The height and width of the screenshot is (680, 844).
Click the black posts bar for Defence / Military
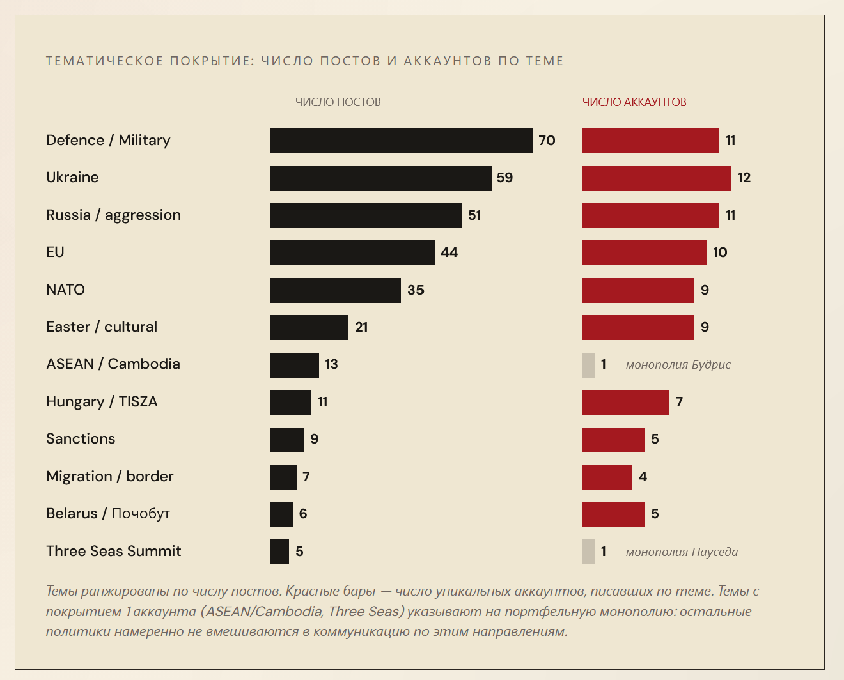401,141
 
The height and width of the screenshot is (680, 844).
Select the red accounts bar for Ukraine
657,178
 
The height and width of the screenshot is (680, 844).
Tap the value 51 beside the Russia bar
474,215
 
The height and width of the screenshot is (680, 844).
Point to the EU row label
55,252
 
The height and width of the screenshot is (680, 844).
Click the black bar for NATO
335,290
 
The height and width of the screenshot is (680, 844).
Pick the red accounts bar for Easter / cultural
638,327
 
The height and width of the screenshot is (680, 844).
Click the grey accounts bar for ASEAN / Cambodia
588,365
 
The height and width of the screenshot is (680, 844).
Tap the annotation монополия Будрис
678,365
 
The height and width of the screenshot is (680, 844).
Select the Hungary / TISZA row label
102,401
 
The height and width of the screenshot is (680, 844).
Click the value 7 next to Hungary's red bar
679,402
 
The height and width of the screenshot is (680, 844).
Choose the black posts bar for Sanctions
286,440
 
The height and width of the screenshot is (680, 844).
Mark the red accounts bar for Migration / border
607,477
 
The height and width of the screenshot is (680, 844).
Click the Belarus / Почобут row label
108,513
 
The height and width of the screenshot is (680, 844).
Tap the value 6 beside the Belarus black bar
303,514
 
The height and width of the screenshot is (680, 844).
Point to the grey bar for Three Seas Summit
588,552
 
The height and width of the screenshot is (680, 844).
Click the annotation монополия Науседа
682,552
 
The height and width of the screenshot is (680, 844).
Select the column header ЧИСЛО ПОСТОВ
338,102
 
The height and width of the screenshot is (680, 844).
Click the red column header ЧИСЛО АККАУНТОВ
634,102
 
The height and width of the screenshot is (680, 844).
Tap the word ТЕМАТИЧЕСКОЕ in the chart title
105,61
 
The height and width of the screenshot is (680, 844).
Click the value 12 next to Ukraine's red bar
744,178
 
